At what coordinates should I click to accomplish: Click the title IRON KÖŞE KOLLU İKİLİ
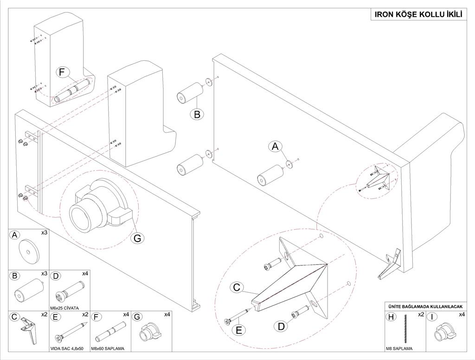tap(418, 15)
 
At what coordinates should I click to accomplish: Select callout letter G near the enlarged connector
tap(137, 238)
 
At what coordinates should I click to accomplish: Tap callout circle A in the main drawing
tap(275, 147)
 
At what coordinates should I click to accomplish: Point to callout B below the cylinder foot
tap(197, 114)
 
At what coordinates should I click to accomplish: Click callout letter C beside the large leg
tap(237, 288)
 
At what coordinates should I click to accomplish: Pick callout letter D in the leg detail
tap(281, 326)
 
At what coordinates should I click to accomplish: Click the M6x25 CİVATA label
tap(64, 308)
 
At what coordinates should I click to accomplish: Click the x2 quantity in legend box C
tap(44, 315)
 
